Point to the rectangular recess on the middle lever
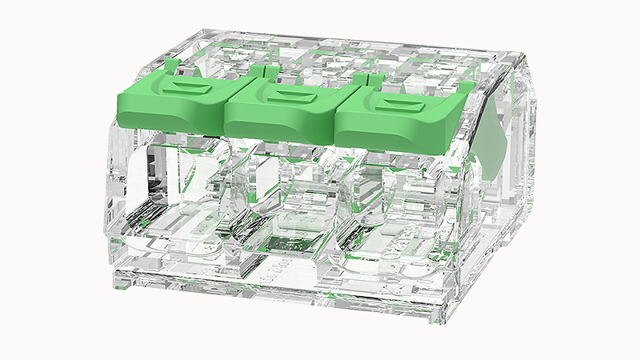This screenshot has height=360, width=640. [286, 90]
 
